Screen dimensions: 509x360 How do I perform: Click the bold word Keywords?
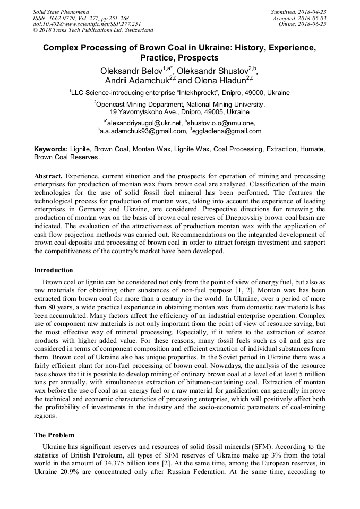point(50,150)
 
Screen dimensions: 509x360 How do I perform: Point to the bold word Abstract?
point(48,175)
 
